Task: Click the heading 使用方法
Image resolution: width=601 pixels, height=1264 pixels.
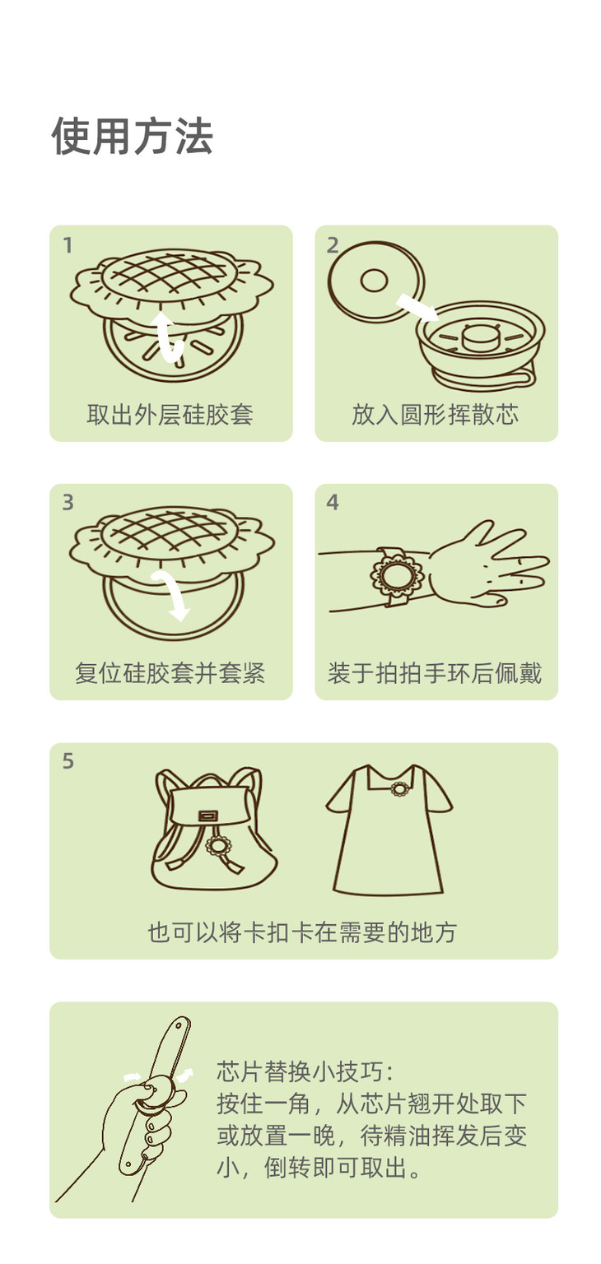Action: click(132, 136)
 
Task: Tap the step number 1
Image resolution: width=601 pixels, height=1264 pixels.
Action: click(68, 245)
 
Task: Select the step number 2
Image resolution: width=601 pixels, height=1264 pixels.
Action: click(333, 245)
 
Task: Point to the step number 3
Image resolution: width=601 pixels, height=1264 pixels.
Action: click(68, 502)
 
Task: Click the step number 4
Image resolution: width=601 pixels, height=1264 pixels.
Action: click(333, 502)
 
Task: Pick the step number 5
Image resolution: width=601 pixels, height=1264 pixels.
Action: click(68, 760)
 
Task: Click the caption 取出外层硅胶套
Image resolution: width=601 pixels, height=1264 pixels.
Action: click(170, 415)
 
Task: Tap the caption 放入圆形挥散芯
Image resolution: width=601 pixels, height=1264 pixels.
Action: click(435, 415)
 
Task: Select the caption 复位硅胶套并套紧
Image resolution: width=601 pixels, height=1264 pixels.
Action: click(170, 673)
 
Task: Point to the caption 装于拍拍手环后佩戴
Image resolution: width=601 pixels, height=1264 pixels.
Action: click(435, 673)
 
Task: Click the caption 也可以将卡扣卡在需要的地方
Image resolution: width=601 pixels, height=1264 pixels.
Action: click(302, 932)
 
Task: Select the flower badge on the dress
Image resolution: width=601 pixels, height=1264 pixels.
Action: click(399, 789)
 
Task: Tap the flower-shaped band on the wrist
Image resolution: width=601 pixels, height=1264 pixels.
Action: click(397, 574)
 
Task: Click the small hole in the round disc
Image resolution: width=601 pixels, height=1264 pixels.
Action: click(374, 281)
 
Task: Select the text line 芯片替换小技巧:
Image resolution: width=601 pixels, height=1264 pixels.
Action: click(305, 1071)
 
